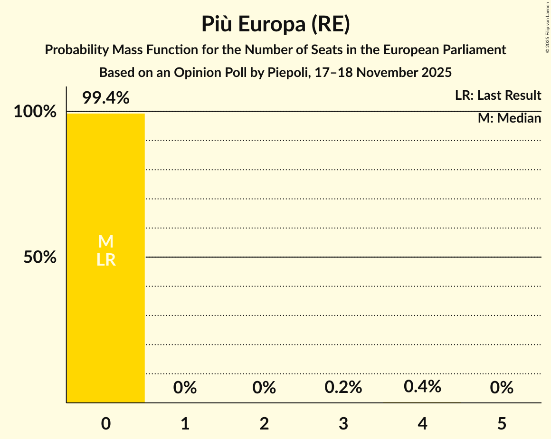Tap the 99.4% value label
pos(105,98)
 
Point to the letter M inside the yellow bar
pos(105,242)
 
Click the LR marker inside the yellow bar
pos(105,260)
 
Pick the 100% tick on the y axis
pos(35,112)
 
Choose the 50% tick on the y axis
pos(40,258)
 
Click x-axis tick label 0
pos(105,424)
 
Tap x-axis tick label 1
pos(185,424)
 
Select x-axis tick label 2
pos(264,424)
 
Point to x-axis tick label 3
pos(343,424)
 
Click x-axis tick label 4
pos(422,424)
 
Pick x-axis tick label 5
pos(502,424)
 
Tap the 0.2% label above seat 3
pos(343,388)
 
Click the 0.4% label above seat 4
pos(422,387)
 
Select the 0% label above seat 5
pos(502,388)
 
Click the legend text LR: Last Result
pos(498,95)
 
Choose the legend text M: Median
pos(509,118)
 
